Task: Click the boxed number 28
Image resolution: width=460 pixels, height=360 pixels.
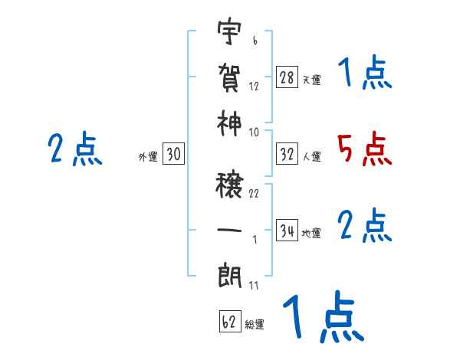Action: [287, 77]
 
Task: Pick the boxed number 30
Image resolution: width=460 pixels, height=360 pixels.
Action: [173, 154]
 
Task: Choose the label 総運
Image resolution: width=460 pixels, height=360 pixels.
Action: [255, 325]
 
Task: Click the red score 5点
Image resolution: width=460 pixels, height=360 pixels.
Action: [365, 149]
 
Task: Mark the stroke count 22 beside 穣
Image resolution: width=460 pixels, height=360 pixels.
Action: [254, 193]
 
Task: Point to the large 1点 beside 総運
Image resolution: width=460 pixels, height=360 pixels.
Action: [322, 319]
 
